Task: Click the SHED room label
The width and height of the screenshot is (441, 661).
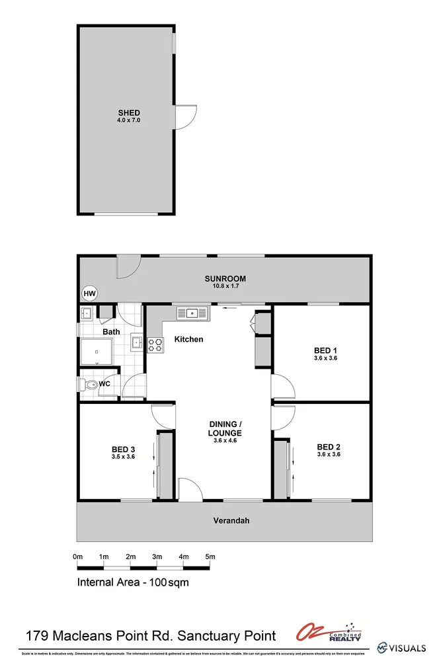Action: coord(129,113)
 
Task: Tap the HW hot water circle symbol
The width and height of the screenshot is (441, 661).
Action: coord(89,293)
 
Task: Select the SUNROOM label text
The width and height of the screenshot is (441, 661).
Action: coord(225,279)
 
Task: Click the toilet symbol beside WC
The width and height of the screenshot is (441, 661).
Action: coord(88,384)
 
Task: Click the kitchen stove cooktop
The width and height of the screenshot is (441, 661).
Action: coord(155,344)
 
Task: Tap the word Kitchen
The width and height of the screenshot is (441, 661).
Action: coord(188,340)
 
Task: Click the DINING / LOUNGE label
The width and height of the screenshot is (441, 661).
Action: coord(225,428)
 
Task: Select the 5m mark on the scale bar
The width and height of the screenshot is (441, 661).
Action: coord(210,557)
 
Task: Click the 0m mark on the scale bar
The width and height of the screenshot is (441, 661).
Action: coord(77,557)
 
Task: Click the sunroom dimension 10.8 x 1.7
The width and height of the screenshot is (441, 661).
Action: coord(225,286)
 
